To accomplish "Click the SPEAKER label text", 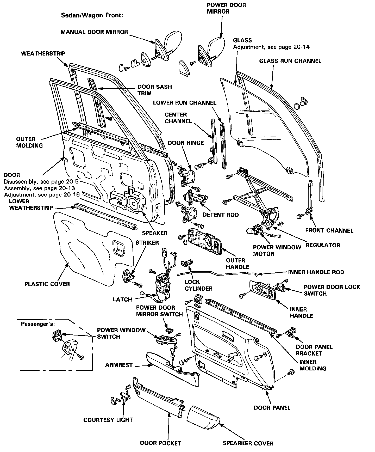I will coord(155,233).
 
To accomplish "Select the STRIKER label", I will coord(147,243).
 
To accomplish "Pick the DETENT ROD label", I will coord(221,215).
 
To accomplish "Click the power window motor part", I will coord(257,230).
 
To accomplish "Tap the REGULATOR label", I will coord(323,245).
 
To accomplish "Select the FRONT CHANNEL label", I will coord(329,230).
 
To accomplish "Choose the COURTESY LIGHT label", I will coord(108,420).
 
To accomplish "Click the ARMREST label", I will coord(119,365).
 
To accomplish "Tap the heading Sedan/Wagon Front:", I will coord(92,15).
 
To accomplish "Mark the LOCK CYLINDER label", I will coord(198,285).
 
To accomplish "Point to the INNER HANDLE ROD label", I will coord(316,272).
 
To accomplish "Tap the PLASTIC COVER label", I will coord(47,284).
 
